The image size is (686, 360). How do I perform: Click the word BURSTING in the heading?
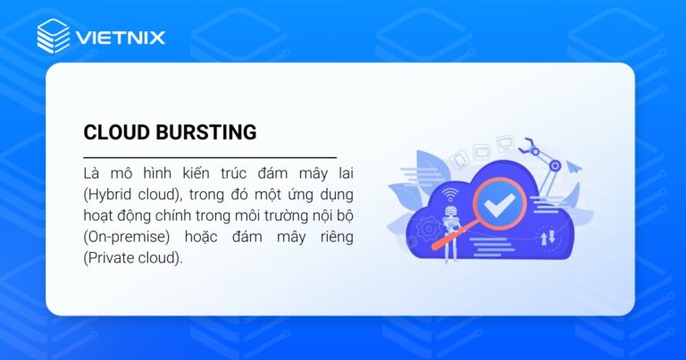tap(205, 132)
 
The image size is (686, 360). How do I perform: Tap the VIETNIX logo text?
tap(121, 38)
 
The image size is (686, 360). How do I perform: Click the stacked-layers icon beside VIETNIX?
tap(54, 36)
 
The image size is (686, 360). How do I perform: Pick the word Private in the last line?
tap(112, 258)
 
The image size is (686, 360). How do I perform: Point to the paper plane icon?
tap(573, 167)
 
